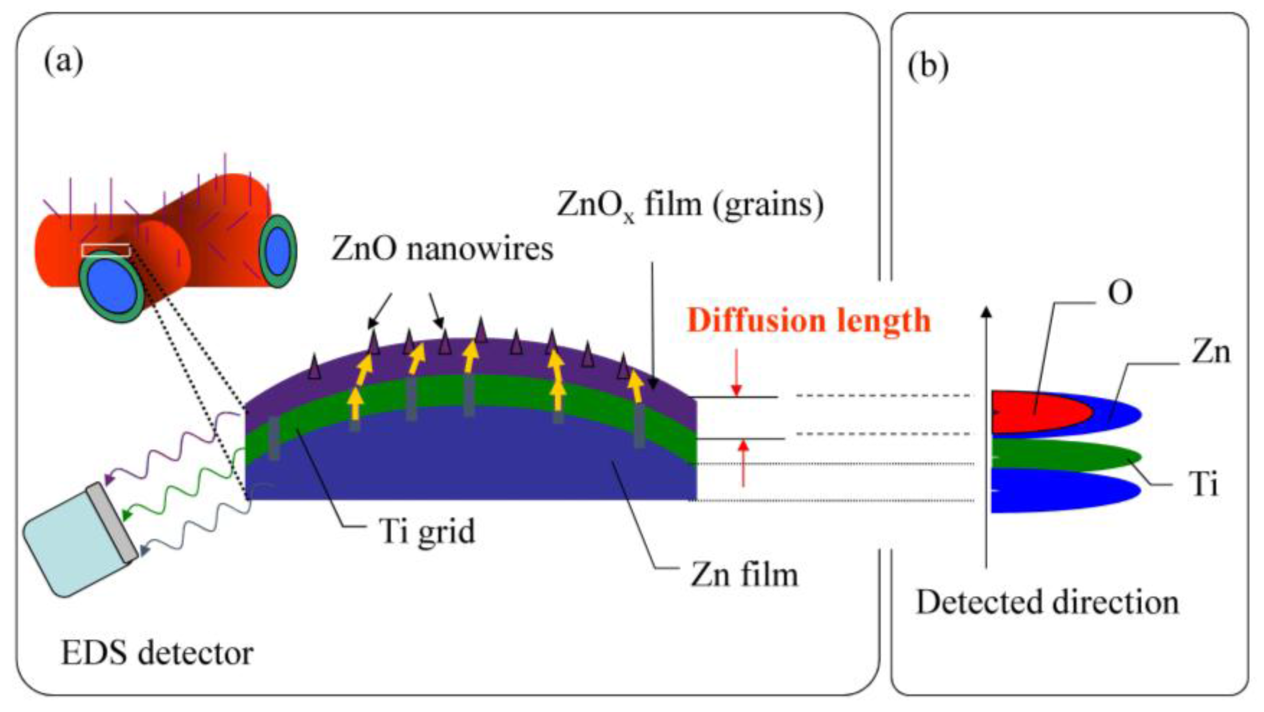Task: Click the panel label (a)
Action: [64, 63]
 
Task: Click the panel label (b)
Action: [928, 66]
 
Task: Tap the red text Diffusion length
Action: [808, 320]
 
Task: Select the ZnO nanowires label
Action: [442, 249]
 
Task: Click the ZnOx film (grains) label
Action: [690, 205]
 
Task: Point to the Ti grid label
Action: [427, 531]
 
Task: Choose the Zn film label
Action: [744, 574]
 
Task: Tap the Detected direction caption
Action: [1047, 603]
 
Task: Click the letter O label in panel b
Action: [1120, 293]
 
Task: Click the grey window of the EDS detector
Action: [112, 522]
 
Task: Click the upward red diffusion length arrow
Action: [744, 462]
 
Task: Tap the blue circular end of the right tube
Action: [278, 251]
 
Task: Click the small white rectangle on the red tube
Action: [106, 250]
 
